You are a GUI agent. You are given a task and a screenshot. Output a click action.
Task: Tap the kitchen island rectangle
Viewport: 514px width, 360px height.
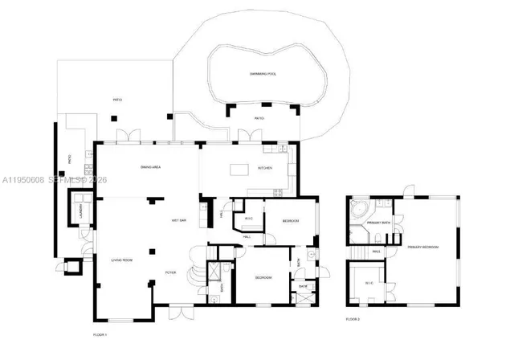tap(240, 169)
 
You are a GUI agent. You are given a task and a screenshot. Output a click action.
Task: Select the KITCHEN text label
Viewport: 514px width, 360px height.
tap(265, 168)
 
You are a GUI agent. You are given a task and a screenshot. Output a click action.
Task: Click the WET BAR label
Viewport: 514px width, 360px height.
tap(179, 219)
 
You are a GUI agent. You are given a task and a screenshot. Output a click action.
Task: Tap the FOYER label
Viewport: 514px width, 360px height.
tap(170, 273)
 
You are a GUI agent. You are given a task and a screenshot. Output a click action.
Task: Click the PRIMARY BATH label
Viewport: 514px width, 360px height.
tap(378, 223)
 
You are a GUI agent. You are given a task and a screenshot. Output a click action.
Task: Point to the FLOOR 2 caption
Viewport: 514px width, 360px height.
tap(353, 319)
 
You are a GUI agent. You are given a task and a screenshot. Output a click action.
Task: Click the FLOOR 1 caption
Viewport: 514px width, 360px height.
tap(100, 333)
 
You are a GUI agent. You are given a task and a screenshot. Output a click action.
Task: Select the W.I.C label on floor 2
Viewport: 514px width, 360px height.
tap(369, 283)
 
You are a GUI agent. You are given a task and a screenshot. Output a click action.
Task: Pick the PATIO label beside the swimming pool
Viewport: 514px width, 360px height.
tap(259, 119)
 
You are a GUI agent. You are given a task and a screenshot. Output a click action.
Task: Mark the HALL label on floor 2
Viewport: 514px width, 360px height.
tap(375, 252)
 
